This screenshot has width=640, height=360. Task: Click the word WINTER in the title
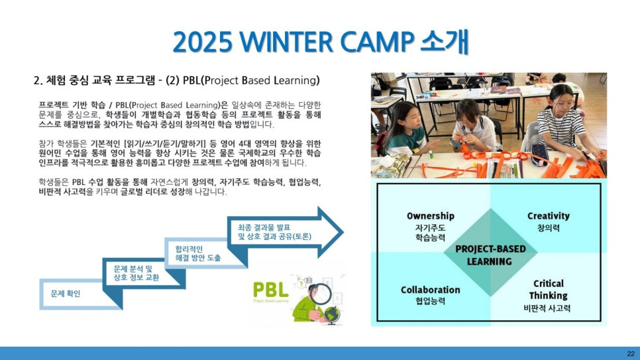pos(286,42)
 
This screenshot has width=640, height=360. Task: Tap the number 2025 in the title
pos(203,42)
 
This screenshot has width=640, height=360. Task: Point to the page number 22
pos(631,353)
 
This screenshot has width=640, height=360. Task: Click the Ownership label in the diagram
pos(430,215)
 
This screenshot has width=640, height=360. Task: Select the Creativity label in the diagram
pos(548,215)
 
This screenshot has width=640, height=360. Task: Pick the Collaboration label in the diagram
pos(430,290)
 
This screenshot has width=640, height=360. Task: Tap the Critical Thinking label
pos(548,289)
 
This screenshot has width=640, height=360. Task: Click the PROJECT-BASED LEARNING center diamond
pos(490,252)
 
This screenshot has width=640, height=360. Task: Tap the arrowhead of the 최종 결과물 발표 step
pos(331,232)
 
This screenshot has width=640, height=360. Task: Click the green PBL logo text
pos(270,290)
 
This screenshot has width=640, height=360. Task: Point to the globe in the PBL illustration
pos(332,315)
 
